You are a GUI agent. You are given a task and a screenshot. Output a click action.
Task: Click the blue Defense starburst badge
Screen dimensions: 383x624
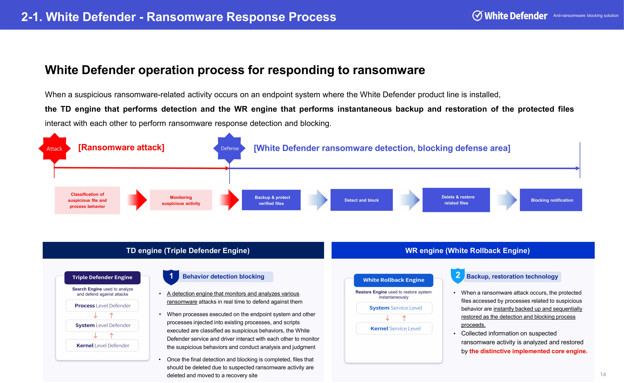(229, 148)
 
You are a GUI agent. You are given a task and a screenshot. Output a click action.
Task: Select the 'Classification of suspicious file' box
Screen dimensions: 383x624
(87, 200)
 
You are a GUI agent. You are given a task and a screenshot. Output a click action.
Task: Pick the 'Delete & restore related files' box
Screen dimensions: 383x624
(456, 200)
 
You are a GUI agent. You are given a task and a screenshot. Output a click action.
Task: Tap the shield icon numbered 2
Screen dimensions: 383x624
(458, 276)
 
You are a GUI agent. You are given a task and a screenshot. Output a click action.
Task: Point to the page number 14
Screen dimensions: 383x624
(603, 374)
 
